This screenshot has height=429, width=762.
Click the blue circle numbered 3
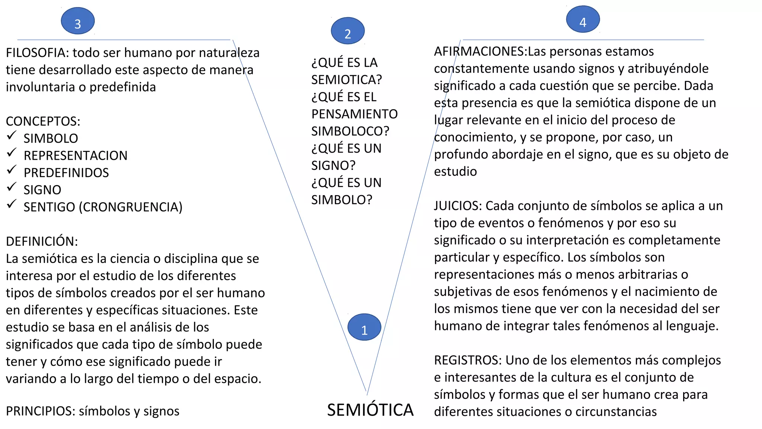(78, 21)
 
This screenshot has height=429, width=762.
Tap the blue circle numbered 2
(348, 31)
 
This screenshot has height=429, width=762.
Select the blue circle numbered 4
(583, 19)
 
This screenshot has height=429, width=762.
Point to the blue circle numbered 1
(364, 327)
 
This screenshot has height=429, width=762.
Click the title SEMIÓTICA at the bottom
(370, 410)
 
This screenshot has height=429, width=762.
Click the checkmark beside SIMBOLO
(12, 136)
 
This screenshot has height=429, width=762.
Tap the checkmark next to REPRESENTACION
(12, 153)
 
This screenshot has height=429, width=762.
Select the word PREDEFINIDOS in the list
(66, 173)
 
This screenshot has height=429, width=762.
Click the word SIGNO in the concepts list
(42, 190)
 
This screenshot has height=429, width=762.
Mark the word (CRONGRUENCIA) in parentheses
(130, 207)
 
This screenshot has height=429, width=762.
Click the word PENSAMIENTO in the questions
(354, 114)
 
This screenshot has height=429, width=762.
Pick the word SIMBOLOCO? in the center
(350, 131)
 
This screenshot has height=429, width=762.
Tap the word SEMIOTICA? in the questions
(346, 80)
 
